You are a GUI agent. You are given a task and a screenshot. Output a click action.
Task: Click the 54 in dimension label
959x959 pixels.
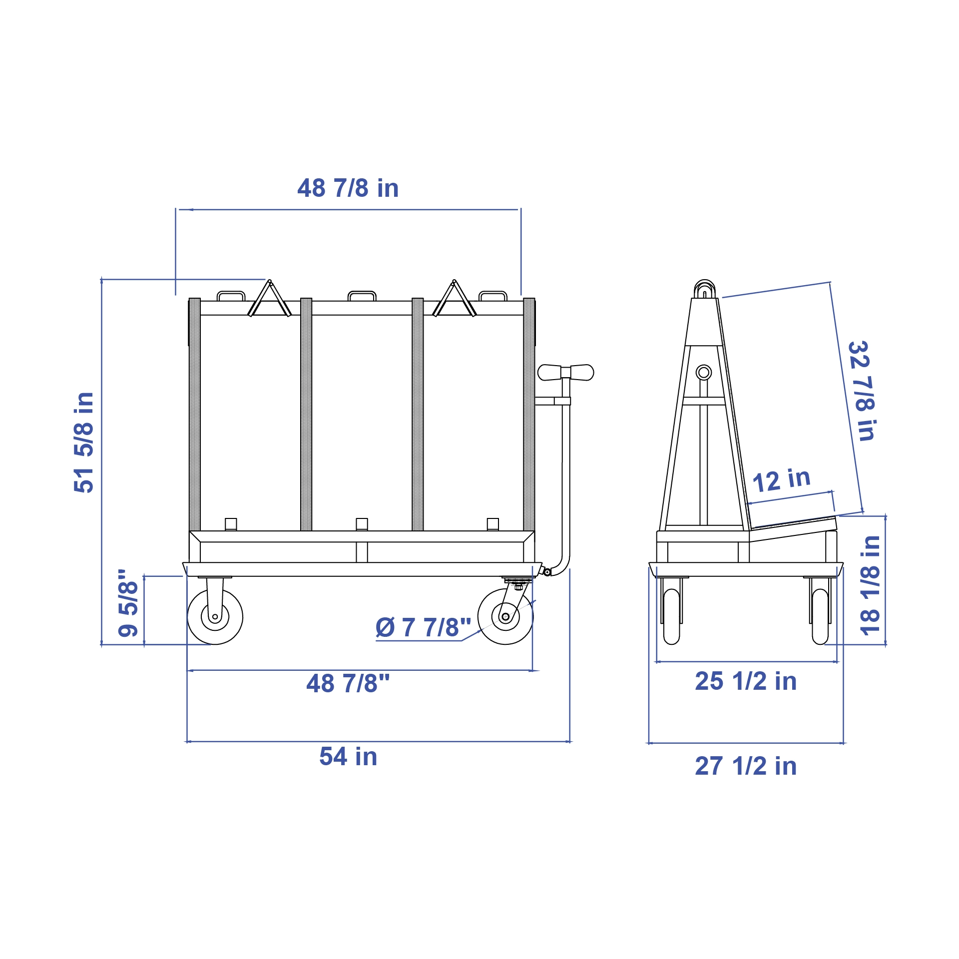coord(348,756)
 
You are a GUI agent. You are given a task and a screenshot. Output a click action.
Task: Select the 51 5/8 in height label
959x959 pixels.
coord(84,443)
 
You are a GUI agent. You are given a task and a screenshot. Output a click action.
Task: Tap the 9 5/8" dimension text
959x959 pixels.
coord(128,603)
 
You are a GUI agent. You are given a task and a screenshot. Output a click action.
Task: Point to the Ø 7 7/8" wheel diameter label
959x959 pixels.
coord(423,627)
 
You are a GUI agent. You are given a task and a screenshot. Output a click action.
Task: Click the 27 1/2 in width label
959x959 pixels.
coord(745,766)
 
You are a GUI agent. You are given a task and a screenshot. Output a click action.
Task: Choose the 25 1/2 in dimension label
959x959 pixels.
coord(745,681)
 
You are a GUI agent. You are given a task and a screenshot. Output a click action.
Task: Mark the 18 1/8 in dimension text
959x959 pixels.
coord(870,585)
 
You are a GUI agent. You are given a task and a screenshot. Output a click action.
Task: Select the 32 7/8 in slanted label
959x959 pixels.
coord(862,391)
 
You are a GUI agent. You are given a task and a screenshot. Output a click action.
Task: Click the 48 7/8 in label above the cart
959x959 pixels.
coord(348,188)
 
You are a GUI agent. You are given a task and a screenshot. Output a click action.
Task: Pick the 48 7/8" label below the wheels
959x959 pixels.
coord(348,683)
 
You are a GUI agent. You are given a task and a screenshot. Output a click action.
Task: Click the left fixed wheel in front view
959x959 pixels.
coord(215,617)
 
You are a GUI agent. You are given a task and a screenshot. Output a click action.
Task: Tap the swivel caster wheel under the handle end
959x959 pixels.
coord(505,617)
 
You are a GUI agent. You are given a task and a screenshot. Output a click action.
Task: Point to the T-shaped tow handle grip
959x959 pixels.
coord(565,373)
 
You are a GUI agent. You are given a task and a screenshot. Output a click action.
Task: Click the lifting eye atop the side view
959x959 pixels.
coord(704,289)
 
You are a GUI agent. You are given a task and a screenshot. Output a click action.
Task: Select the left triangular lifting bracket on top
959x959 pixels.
coord(270,300)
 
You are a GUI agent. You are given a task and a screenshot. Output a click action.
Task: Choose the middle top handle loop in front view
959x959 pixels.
coord(362,296)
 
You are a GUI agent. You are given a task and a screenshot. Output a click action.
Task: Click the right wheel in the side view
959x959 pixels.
coord(820,616)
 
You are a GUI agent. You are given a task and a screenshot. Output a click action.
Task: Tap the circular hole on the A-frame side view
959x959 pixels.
coord(704,373)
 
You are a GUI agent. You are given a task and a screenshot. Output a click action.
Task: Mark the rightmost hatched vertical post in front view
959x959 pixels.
coord(529,415)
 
